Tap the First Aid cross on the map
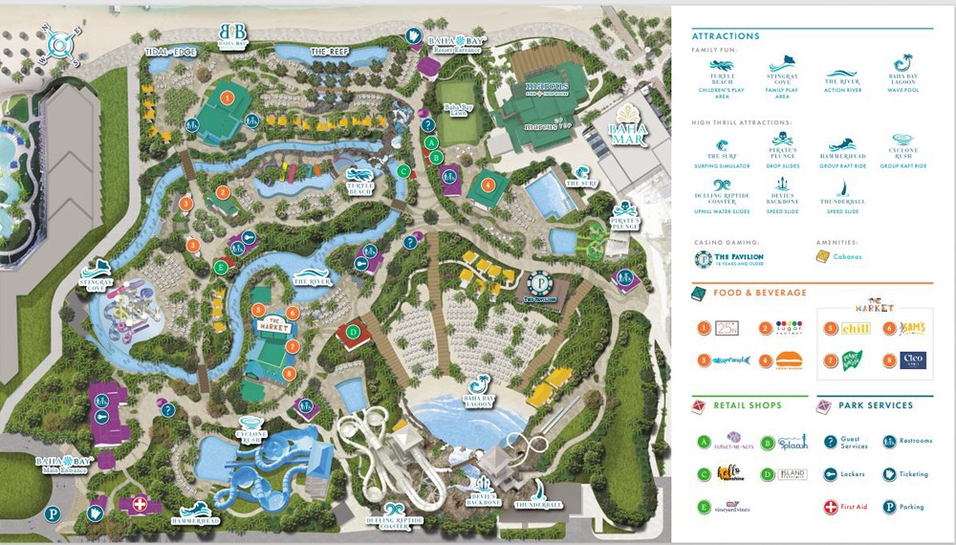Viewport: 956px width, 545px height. [x=141, y=504]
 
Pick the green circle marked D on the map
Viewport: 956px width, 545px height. [x=354, y=332]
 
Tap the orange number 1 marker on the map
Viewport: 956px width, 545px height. [x=228, y=96]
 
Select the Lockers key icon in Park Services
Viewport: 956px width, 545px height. [x=831, y=473]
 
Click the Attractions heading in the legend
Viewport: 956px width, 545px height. [x=725, y=36]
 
